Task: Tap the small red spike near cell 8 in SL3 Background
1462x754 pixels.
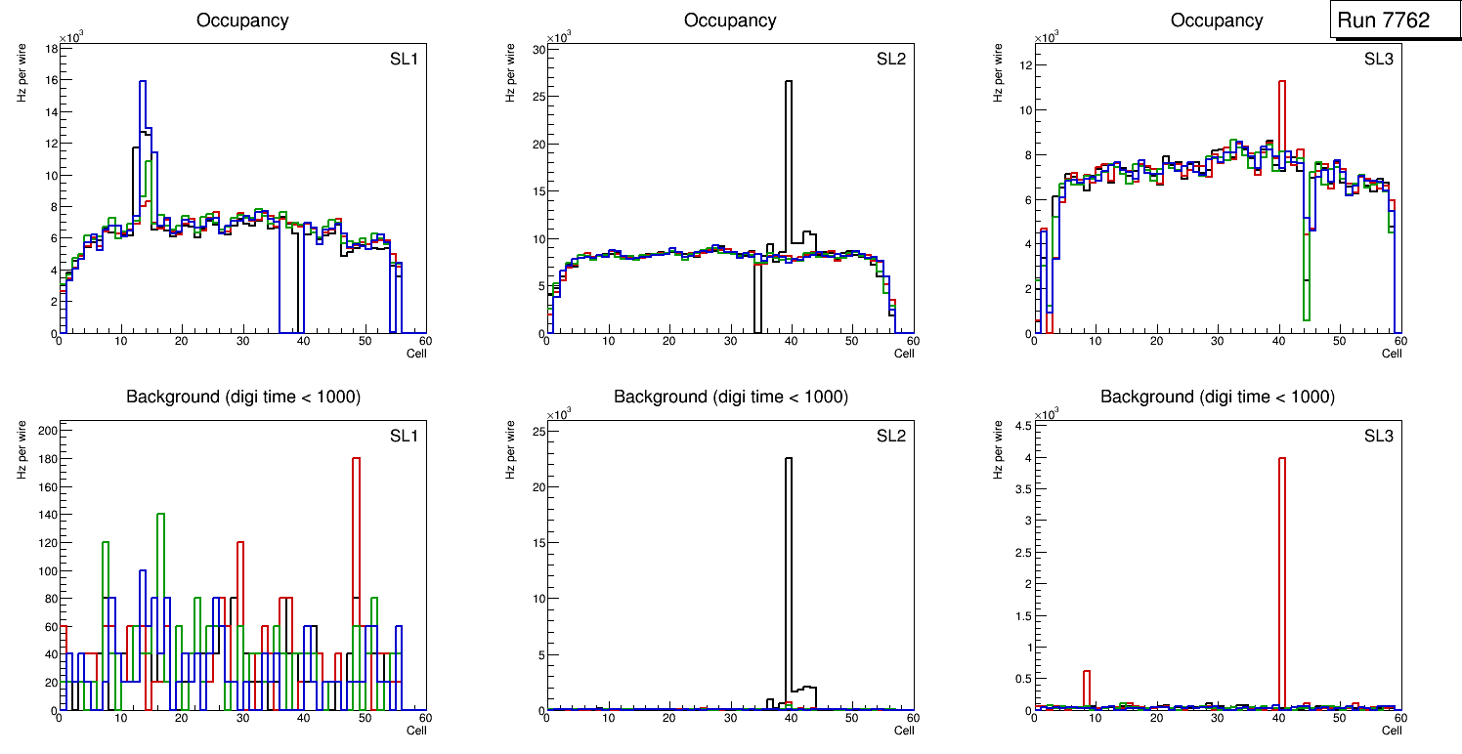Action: coord(1086,689)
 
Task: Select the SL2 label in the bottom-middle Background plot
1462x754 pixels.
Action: coord(891,436)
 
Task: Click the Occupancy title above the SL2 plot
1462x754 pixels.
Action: coord(730,21)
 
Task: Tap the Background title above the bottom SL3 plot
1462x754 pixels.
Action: coord(1218,397)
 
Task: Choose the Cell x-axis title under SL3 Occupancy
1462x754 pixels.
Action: coord(1392,354)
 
